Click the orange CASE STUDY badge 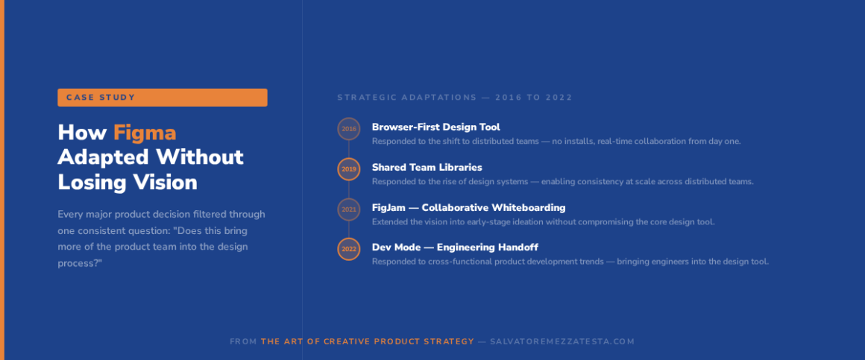[x=163, y=98]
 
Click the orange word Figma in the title [x=145, y=133]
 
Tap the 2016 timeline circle [x=349, y=129]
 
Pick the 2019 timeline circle [x=349, y=169]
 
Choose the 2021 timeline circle [x=349, y=209]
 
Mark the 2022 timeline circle [x=349, y=249]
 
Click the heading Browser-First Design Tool [x=435, y=127]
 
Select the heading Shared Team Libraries [x=427, y=167]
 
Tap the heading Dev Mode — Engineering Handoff [x=455, y=247]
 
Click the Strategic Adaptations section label [x=455, y=98]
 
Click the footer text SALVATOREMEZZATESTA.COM [x=563, y=342]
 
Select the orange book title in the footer [x=368, y=342]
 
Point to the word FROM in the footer [x=243, y=342]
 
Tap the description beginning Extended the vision [x=544, y=222]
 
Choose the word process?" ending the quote [x=80, y=264]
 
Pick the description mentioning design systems [x=563, y=182]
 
